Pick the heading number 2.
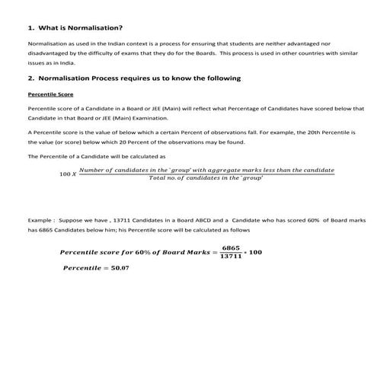[30, 78]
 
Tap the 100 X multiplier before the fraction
[68, 174]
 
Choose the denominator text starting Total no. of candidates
[206, 177]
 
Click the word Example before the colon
[40, 219]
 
